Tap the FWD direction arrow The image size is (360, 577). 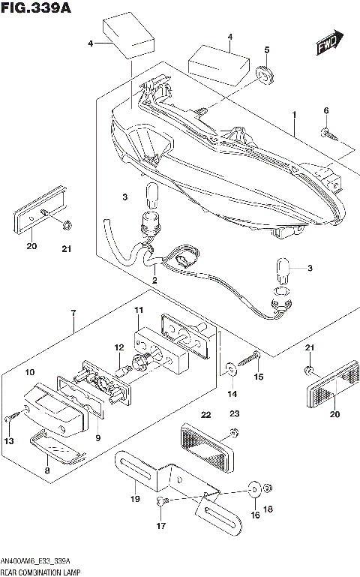click(328, 45)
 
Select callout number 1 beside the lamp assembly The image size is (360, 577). click(295, 115)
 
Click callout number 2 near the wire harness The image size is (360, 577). click(154, 281)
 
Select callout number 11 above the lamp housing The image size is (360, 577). click(138, 310)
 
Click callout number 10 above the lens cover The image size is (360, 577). click(30, 372)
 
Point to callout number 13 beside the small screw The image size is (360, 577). click(10, 440)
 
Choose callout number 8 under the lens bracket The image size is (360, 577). click(47, 470)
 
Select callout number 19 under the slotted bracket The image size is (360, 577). click(135, 498)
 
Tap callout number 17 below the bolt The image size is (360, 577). click(160, 526)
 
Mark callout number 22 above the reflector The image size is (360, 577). click(205, 413)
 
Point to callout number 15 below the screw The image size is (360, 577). click(259, 376)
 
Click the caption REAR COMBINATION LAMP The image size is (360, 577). click(41, 572)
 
